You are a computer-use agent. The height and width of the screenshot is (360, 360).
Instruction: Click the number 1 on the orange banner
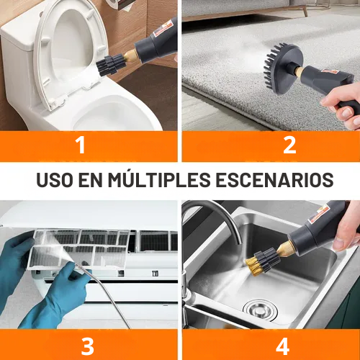[81, 145]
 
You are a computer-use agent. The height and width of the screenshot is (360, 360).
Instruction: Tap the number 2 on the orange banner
[289, 145]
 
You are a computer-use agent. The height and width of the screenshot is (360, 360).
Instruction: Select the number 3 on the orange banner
[87, 346]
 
